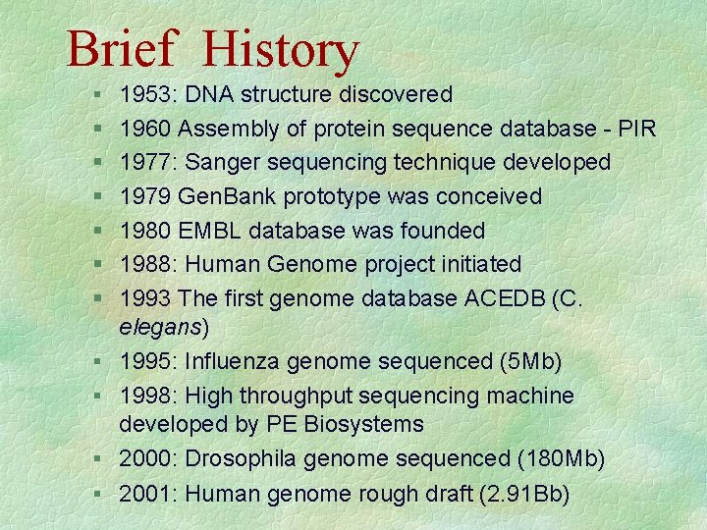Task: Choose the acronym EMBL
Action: pyautogui.click(x=216, y=231)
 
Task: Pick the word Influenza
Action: pyautogui.click(x=236, y=361)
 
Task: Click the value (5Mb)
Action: pyautogui.click(x=529, y=361)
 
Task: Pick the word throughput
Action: pyautogui.click(x=294, y=397)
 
